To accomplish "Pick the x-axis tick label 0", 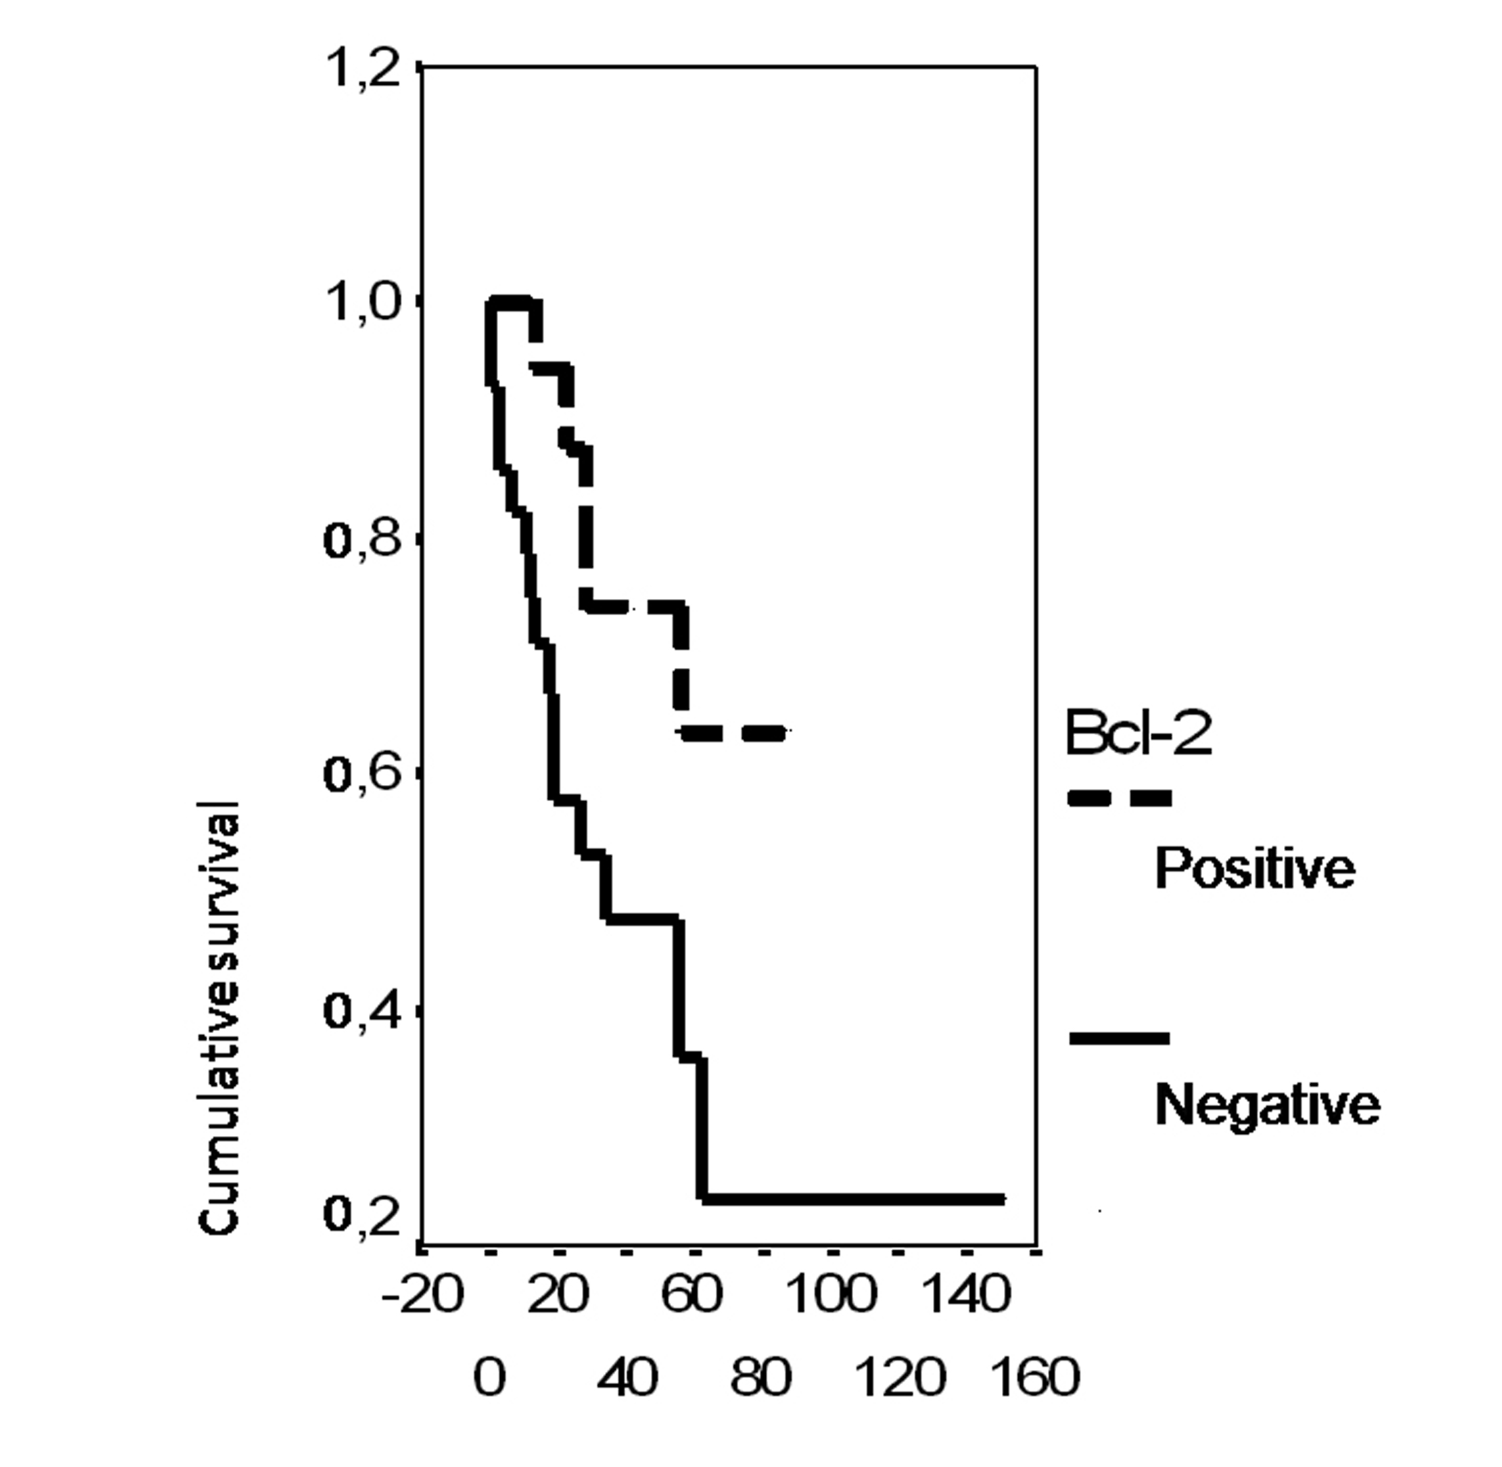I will point(490,1377).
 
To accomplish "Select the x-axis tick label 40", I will point(628,1377).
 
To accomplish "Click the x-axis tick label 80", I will point(761,1377).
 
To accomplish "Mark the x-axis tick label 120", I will point(900,1377).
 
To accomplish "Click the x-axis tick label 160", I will point(1035,1377).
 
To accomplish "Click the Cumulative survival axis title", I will point(219,1017).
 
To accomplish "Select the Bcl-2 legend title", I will point(1138,734).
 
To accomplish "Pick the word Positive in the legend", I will point(1255,870).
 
